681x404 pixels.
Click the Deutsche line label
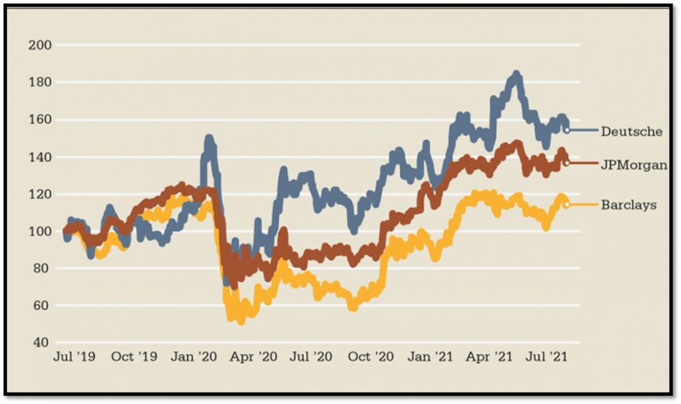point(631,131)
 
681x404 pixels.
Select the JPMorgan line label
point(634,165)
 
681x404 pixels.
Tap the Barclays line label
point(628,205)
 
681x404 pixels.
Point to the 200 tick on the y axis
point(41,45)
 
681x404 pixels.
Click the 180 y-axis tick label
point(41,82)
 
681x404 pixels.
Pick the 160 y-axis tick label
point(41,120)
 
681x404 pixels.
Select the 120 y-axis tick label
point(41,195)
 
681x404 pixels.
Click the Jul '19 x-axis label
point(73,357)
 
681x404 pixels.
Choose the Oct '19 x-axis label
point(134,357)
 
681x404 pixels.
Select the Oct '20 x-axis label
point(375,357)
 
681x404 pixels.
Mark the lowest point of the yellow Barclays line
point(241,321)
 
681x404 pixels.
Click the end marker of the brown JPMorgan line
point(566,163)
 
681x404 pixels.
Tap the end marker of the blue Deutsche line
point(566,129)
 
